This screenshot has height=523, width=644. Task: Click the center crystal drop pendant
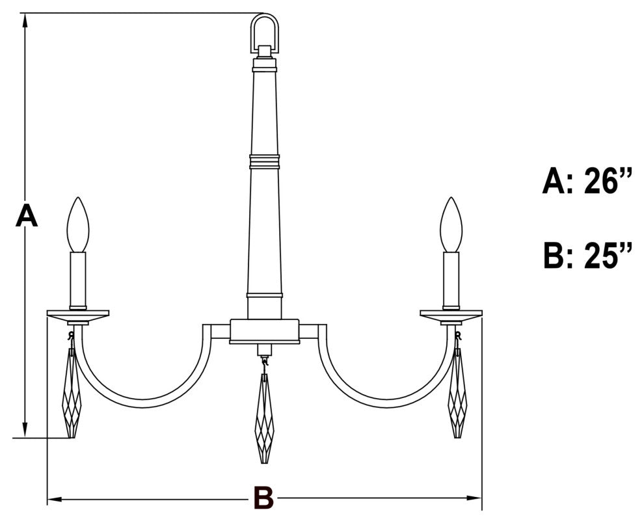click(265, 418)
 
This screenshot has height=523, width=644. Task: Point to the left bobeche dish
click(78, 315)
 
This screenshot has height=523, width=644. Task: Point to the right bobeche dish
click(451, 315)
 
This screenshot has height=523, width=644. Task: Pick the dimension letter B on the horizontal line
click(263, 498)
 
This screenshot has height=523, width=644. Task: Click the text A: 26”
click(587, 180)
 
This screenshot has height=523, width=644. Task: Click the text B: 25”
click(587, 255)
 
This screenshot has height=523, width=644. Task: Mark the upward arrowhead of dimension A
click(25, 21)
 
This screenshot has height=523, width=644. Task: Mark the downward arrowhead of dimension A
click(25, 430)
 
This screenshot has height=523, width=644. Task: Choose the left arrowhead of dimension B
click(55, 499)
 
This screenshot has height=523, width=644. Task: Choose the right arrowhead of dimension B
click(474, 499)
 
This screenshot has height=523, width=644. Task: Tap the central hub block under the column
click(265, 331)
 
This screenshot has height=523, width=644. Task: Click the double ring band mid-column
click(265, 161)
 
